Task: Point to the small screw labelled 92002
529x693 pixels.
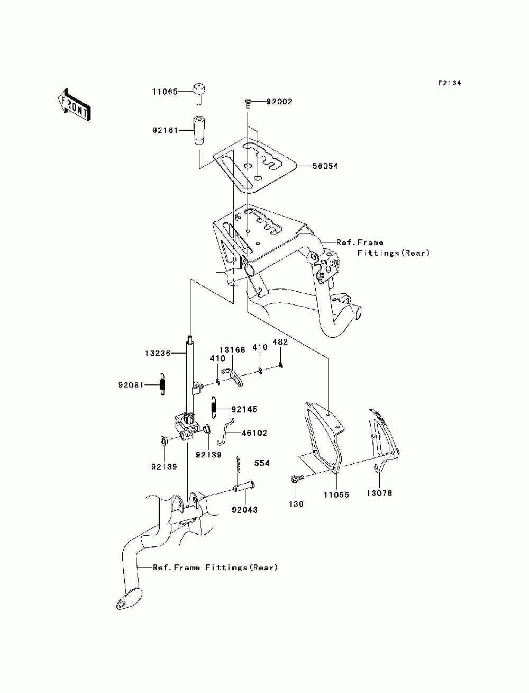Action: [247, 102]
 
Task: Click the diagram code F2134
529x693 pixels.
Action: [450, 83]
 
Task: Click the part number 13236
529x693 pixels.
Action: [157, 353]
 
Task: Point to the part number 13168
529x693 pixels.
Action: [233, 350]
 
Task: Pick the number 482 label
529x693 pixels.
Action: [280, 342]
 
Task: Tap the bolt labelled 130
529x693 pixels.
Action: [297, 479]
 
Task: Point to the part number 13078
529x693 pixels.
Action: [380, 493]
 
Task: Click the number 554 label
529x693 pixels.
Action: [262, 463]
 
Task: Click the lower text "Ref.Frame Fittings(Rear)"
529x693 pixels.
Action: [215, 568]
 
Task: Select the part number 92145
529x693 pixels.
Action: [244, 409]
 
